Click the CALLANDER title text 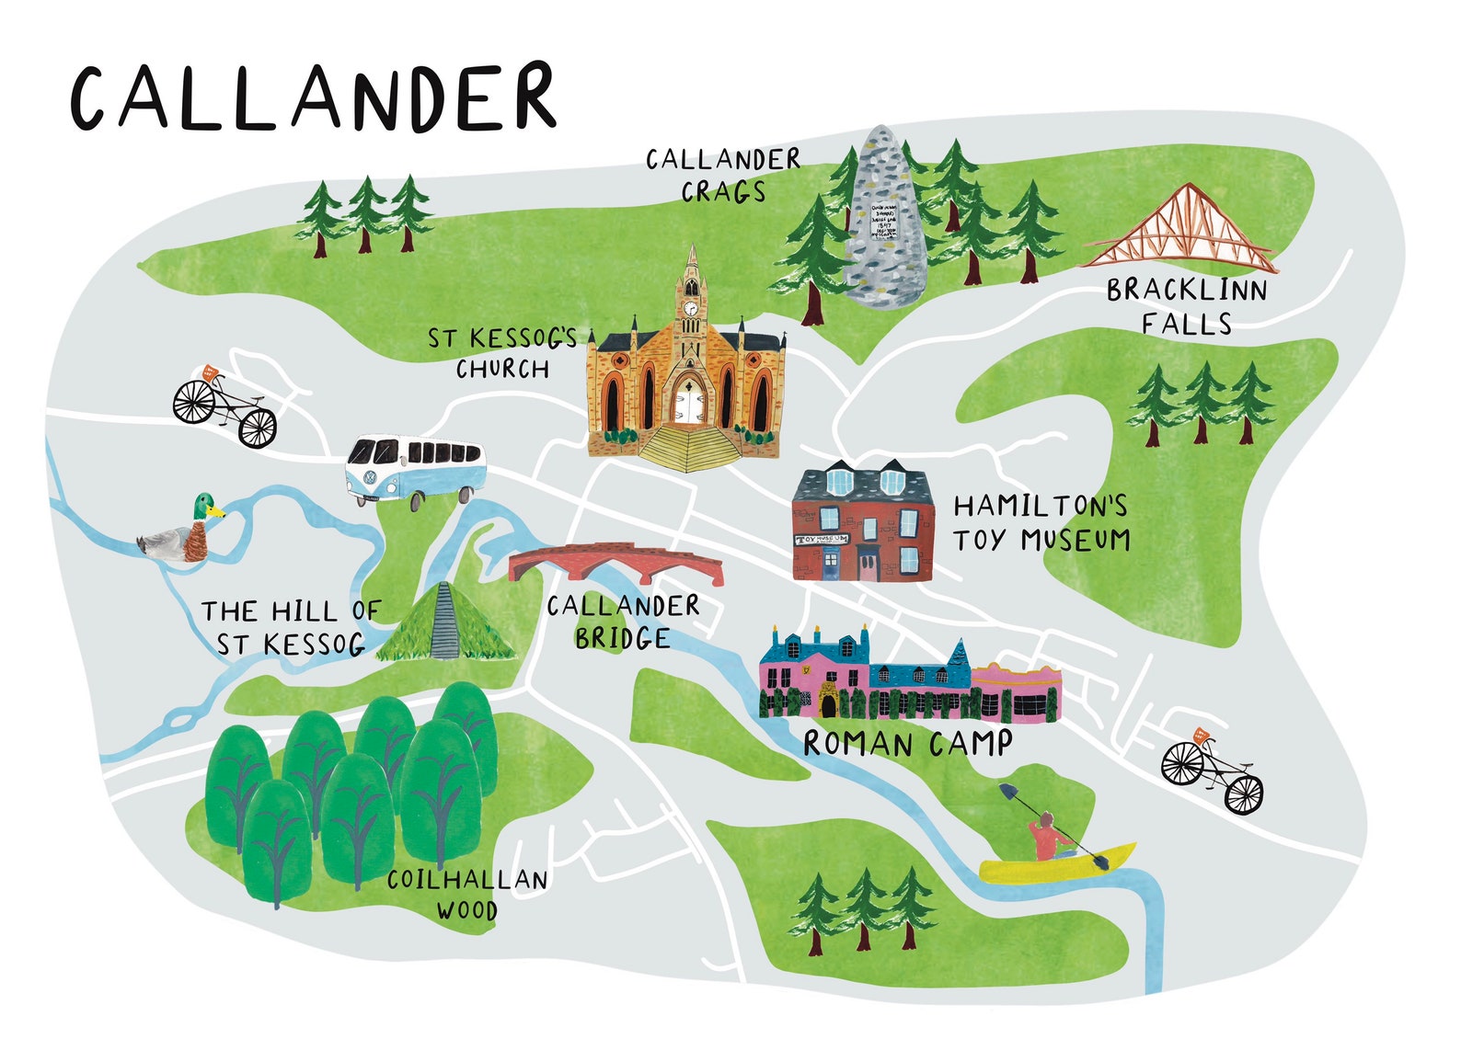313,98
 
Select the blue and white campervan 414,469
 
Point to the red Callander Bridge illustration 615,563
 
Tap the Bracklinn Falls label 1187,306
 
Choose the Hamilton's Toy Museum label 1040,522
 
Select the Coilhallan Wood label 467,894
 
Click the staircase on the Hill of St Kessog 444,622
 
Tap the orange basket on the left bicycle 210,373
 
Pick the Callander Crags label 723,175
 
